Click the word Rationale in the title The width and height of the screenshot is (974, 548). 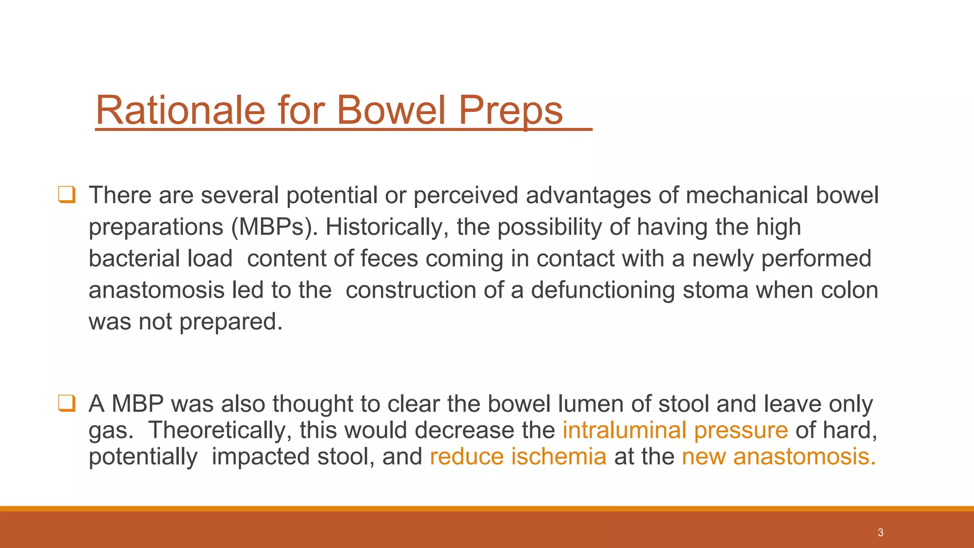coord(180,110)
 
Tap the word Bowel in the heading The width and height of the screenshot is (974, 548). coord(391,110)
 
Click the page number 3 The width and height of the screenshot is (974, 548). coord(880,533)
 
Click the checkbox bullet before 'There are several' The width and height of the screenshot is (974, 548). coord(67,195)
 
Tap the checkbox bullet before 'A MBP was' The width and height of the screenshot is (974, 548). coord(67,403)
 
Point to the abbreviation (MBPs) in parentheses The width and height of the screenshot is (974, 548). coord(274,227)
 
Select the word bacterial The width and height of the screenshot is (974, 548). coord(134,258)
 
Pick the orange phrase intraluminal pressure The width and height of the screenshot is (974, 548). coord(675,430)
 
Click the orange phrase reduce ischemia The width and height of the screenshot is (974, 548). coord(518,457)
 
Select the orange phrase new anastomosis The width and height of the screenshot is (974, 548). coord(778,457)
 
